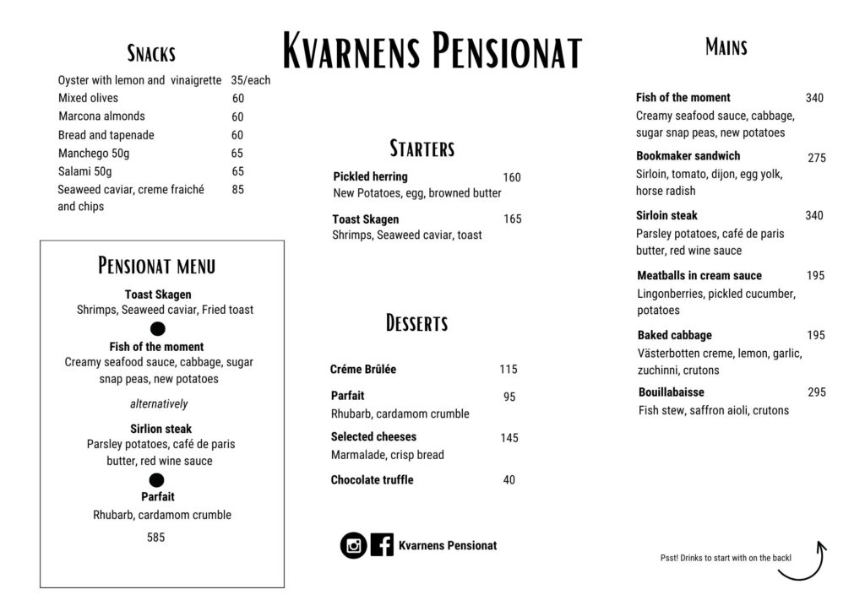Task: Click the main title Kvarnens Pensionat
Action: [432, 51]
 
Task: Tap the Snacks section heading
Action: [151, 54]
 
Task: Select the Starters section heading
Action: [422, 149]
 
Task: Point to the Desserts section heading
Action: [416, 323]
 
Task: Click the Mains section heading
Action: [726, 47]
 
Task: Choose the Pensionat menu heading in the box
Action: [156, 266]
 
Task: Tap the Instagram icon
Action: [353, 545]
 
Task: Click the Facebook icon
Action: [382, 545]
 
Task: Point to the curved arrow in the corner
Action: [803, 564]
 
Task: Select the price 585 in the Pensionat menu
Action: [155, 537]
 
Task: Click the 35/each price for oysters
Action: [250, 80]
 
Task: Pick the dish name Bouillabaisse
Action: [671, 392]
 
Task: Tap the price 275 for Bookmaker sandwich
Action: [816, 158]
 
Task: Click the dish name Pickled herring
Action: [370, 176]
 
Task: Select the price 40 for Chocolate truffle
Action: [509, 480]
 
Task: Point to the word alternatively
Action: [159, 404]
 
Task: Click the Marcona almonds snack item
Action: [101, 116]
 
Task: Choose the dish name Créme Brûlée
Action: [363, 370]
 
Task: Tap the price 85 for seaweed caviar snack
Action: [237, 190]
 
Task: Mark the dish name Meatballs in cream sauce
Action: [699, 276]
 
